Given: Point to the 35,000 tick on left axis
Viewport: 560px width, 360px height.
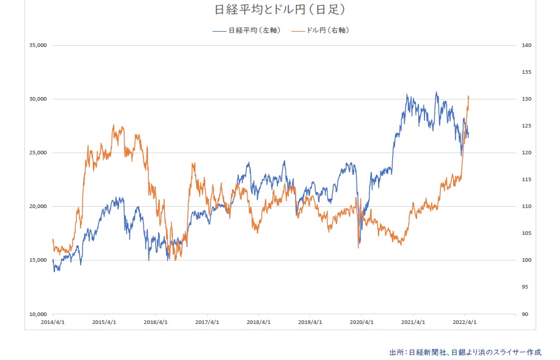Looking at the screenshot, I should click(x=38, y=45).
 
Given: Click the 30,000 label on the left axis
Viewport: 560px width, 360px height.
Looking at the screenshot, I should click(x=38, y=99).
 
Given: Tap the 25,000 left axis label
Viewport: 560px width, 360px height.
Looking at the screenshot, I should click(x=38, y=153).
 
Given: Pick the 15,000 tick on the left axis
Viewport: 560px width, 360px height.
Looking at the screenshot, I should click(x=38, y=260).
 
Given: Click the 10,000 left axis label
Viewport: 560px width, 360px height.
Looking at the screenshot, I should click(x=38, y=314).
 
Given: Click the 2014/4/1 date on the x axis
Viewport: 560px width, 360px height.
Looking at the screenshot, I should click(x=53, y=322).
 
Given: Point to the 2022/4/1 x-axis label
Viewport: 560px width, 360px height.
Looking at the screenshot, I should click(x=465, y=322).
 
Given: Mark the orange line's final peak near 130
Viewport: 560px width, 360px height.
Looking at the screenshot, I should click(x=468, y=96).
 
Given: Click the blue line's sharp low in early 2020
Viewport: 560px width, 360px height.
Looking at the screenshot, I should click(x=359, y=243).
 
